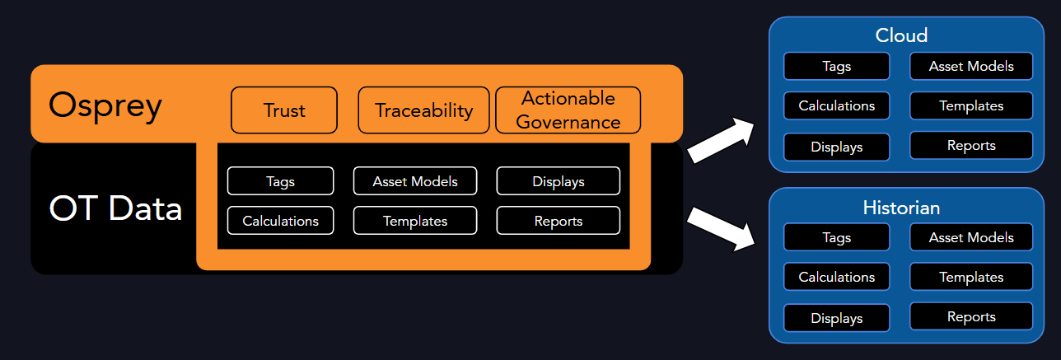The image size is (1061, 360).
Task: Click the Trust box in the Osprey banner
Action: (284, 110)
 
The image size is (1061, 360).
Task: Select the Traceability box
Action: (424, 110)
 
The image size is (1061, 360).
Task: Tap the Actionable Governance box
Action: (568, 110)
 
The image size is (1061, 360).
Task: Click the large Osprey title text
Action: (105, 106)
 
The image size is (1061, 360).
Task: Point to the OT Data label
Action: (115, 208)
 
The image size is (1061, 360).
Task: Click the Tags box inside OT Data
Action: (280, 181)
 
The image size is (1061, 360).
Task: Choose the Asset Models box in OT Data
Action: (415, 181)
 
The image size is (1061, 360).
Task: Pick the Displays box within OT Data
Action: (559, 181)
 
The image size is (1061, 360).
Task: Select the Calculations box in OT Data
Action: (280, 220)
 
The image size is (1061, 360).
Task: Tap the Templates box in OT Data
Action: (415, 220)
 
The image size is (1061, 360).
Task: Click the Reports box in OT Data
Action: (559, 220)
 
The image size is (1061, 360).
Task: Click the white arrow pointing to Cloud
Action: (721, 141)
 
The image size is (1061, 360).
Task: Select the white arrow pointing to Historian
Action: (721, 229)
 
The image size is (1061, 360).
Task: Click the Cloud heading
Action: (901, 35)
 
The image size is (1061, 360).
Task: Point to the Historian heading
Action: (901, 208)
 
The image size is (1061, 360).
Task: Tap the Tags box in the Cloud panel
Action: (836, 66)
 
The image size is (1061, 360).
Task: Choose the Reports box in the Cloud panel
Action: (971, 145)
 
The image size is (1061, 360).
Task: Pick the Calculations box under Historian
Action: (836, 277)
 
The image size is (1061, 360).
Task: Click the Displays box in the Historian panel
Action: (836, 318)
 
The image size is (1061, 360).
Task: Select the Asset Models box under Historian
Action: (971, 237)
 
